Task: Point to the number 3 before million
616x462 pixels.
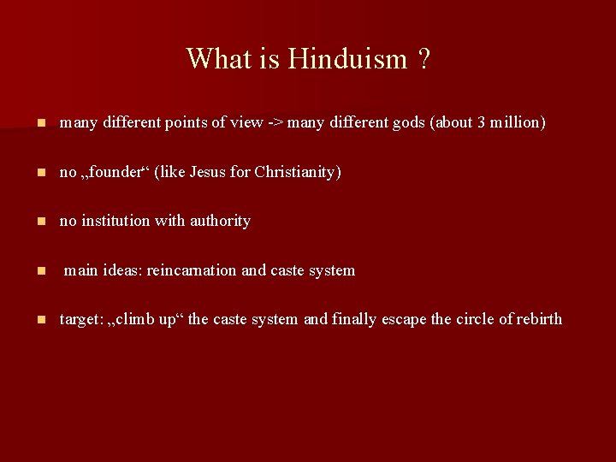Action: [x=483, y=122]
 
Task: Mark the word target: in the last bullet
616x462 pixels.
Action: [x=81, y=319]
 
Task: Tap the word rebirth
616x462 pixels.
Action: [x=537, y=319]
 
